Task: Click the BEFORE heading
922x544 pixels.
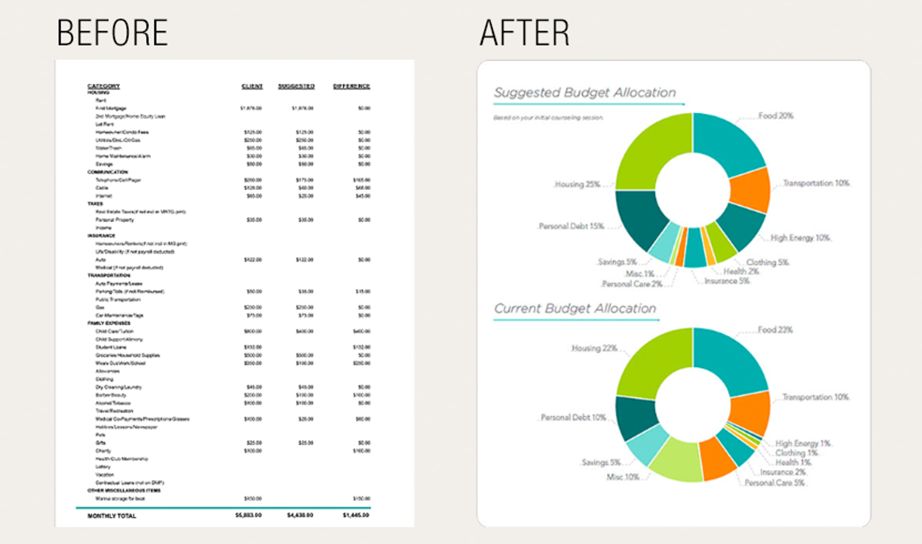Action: [x=112, y=33]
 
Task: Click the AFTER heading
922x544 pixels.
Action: [x=524, y=33]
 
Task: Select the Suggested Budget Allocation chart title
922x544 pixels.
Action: [x=585, y=93]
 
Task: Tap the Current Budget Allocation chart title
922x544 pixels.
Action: [x=575, y=308]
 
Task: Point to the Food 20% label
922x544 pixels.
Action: [x=775, y=116]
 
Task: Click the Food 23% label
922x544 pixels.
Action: [x=775, y=330]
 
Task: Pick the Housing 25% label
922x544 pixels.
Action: [x=577, y=184]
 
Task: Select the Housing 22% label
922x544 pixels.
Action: [x=594, y=348]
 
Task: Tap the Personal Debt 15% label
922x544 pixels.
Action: [x=571, y=226]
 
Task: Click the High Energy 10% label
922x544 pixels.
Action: [x=800, y=237]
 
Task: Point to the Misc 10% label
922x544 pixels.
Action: [x=622, y=477]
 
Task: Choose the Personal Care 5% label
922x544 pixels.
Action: [x=774, y=483]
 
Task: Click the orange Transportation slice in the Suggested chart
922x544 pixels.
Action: [x=750, y=189]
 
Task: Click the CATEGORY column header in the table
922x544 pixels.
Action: [x=104, y=86]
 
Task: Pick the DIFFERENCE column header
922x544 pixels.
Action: [x=351, y=86]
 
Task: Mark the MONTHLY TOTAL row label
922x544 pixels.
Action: [x=111, y=515]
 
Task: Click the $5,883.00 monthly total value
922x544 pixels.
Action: [x=248, y=515]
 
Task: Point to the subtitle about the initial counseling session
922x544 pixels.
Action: [x=548, y=118]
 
